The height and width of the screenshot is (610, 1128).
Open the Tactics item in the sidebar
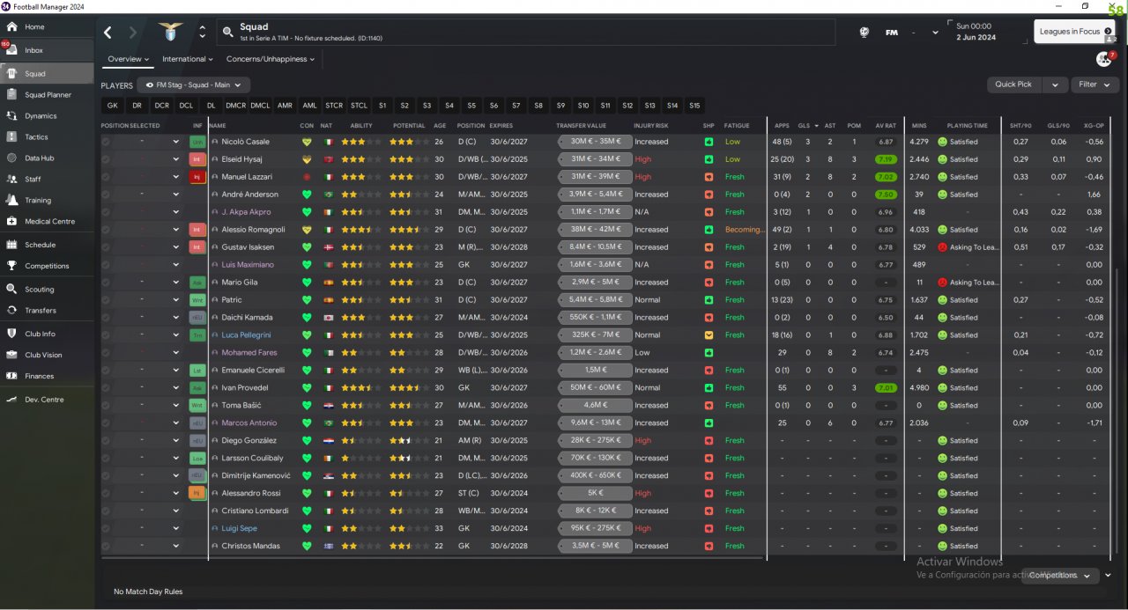(36, 137)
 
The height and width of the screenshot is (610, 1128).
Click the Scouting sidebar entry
(39, 290)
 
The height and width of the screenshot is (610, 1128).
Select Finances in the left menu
(39, 376)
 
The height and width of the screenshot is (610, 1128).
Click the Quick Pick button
(1013, 85)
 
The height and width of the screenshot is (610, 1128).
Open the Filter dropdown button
(1095, 85)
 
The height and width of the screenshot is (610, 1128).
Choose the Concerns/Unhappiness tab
(271, 59)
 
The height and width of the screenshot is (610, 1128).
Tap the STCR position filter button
(334, 106)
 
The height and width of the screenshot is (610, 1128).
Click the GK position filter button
(112, 106)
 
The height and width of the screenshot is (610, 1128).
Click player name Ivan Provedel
(244, 388)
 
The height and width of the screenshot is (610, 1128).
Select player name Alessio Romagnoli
(253, 230)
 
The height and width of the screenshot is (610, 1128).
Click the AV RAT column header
(886, 126)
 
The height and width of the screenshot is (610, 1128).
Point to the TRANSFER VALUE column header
(582, 126)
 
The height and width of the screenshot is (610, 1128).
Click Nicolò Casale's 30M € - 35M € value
(595, 142)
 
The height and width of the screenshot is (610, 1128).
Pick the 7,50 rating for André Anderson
(887, 195)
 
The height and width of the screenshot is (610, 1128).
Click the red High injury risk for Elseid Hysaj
(642, 159)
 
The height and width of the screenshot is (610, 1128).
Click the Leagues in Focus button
(1074, 31)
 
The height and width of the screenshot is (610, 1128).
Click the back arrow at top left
(108, 33)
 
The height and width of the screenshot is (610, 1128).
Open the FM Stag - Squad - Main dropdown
(197, 85)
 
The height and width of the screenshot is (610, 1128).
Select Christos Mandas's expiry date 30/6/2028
(508, 547)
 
